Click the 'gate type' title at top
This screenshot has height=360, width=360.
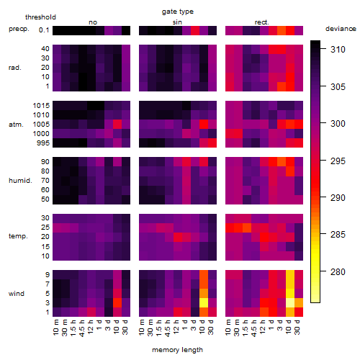click(178, 12)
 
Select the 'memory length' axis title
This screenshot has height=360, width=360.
click(177, 350)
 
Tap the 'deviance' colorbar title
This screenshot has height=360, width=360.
click(341, 29)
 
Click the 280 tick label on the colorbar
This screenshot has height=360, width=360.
click(338, 272)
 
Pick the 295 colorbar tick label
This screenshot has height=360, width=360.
click(338, 161)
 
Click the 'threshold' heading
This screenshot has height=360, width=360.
click(40, 17)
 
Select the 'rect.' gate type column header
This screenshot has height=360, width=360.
click(262, 22)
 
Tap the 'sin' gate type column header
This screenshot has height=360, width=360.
click(177, 22)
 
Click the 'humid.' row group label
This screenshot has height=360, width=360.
click(20, 181)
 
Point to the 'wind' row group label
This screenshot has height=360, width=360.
click(17, 294)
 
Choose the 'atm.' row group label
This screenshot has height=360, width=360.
click(16, 125)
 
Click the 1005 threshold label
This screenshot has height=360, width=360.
click(41, 125)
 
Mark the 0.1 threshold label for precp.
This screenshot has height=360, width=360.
click(44, 30)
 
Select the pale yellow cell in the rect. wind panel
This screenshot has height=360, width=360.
click(290, 302)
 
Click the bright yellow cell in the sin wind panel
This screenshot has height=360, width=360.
click(204, 302)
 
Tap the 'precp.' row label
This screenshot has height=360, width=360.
click(19, 29)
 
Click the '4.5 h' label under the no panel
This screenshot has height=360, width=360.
click(82, 328)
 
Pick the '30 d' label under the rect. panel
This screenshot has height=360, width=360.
click(297, 328)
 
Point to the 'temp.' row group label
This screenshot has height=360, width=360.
click(18, 236)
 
